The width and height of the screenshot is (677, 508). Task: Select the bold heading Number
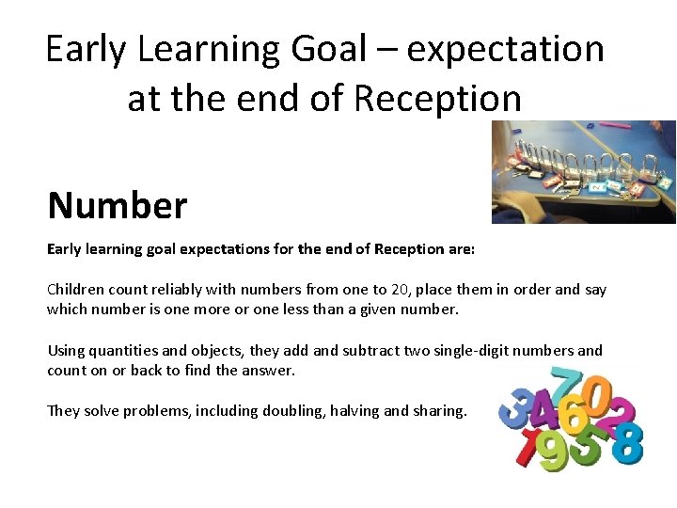tap(118, 204)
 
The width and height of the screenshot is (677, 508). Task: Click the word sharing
tap(439, 411)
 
